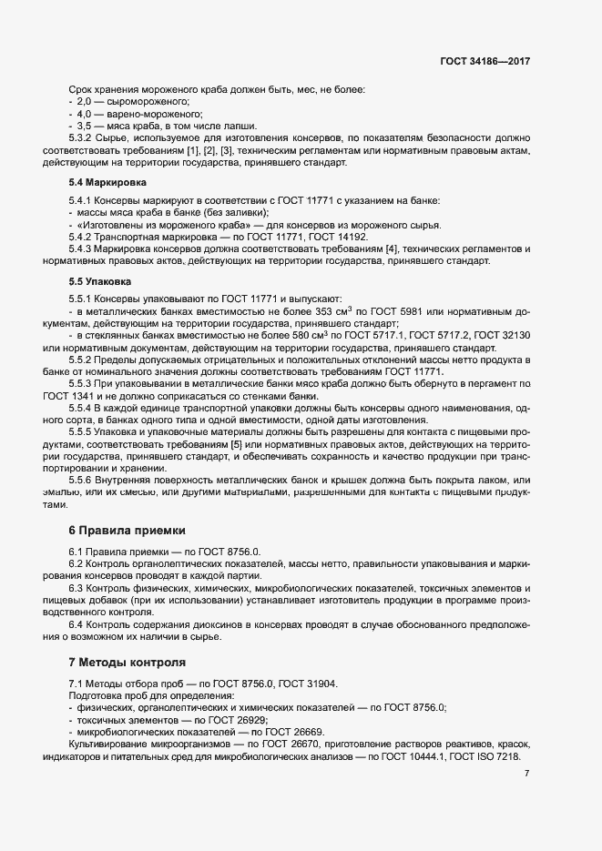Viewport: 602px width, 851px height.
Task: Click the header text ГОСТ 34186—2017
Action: [485, 62]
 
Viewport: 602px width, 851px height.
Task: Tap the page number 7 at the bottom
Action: [527, 773]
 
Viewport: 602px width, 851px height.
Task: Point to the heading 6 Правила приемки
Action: [127, 529]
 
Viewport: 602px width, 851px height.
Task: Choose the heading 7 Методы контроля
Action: [128, 662]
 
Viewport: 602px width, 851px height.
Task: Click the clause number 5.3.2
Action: [81, 137]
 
